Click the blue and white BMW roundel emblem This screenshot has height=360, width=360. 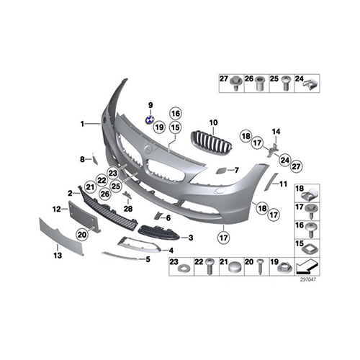click(x=150, y=120)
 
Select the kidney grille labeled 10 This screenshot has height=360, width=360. click(x=211, y=142)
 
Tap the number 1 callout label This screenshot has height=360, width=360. click(x=82, y=124)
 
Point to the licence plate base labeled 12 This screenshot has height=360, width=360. click(x=84, y=217)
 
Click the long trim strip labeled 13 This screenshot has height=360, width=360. click(x=61, y=236)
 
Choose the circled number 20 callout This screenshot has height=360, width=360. click(x=82, y=235)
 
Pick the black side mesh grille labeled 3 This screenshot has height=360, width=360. click(x=159, y=233)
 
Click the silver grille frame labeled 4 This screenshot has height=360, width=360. click(x=139, y=244)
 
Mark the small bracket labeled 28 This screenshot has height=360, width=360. click(x=127, y=195)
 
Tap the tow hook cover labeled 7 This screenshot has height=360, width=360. click(x=221, y=171)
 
